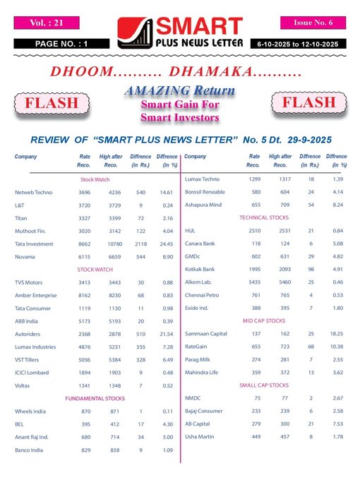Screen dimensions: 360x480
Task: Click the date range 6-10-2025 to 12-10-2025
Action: pyautogui.click(x=308, y=44)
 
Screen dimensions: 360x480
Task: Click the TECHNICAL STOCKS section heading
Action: pyautogui.click(x=263, y=217)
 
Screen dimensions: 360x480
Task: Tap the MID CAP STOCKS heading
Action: pyautogui.click(x=263, y=320)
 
